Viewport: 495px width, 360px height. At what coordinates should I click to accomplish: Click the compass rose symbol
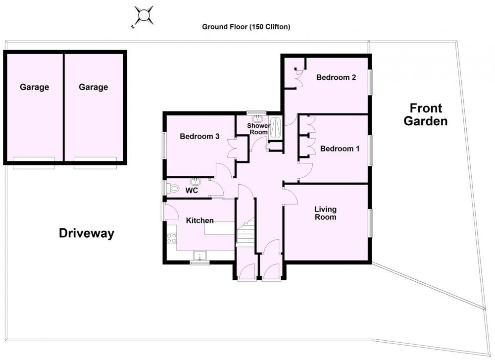click(x=144, y=16)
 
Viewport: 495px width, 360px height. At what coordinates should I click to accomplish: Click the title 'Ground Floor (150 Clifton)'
click(x=246, y=27)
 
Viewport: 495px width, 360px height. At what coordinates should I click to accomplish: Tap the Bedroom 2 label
click(x=336, y=77)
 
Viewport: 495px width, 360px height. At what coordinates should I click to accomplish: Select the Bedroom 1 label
click(x=340, y=149)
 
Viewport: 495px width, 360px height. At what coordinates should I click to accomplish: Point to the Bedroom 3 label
click(x=199, y=136)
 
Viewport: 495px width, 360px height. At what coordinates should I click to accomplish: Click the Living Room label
click(x=325, y=213)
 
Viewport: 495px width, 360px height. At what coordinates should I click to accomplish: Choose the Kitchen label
click(x=199, y=220)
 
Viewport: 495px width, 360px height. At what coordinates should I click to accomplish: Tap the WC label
click(x=192, y=191)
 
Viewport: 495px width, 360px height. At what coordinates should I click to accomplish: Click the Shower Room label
click(x=258, y=129)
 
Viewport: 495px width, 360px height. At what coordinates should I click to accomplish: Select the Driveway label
click(x=87, y=233)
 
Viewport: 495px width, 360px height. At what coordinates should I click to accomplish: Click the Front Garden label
click(x=426, y=114)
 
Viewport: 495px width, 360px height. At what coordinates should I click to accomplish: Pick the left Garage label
click(x=35, y=87)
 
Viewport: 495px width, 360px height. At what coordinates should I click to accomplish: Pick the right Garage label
click(x=93, y=87)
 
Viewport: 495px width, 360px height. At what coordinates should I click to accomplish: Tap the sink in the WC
click(x=196, y=182)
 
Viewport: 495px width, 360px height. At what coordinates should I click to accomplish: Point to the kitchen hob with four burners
click(x=172, y=238)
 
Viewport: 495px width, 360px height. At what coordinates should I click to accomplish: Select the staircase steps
click(x=246, y=232)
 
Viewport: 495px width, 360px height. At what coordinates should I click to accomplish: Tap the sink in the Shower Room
click(x=257, y=119)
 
